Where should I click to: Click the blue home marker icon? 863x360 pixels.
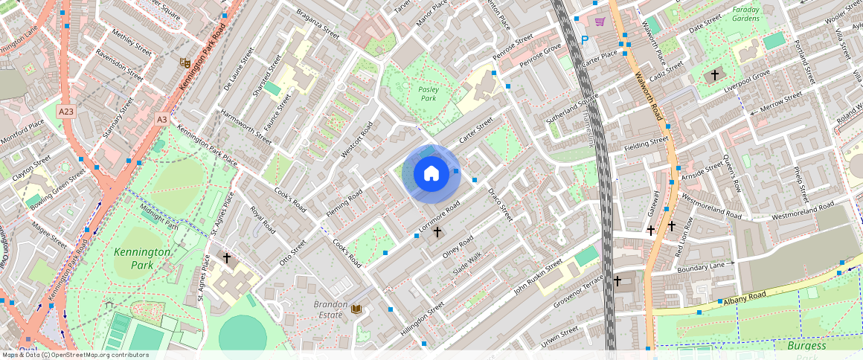pos(431,174)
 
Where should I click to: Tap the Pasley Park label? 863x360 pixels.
pos(428,94)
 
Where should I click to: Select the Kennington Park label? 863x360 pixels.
pos(143,258)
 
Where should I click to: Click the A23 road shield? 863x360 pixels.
pos(66,112)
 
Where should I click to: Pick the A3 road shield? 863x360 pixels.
pos(162,118)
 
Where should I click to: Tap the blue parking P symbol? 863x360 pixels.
pos(584,39)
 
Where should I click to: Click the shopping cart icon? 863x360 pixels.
pos(600,22)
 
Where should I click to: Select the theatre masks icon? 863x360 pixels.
pos(184,63)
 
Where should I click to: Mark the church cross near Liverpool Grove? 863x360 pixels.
pos(715,75)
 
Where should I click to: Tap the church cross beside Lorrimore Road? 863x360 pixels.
pos(437,233)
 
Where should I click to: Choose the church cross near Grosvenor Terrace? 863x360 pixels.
pos(617,280)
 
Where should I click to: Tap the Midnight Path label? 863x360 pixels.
pos(159,216)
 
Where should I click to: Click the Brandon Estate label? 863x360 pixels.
pos(331,309)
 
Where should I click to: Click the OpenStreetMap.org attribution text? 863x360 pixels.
pos(74,355)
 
